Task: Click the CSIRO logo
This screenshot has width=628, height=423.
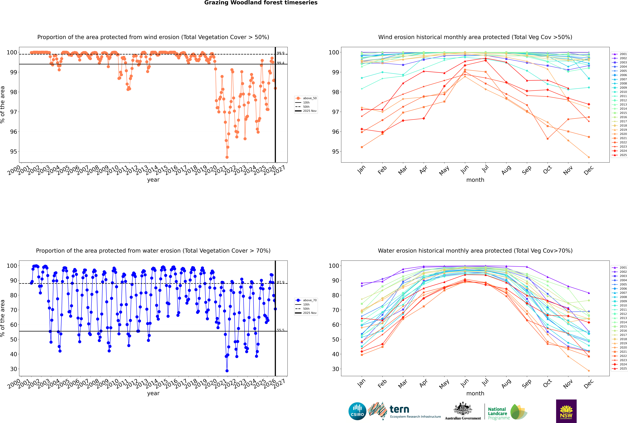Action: pos(357,411)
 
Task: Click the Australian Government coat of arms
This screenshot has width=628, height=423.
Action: pos(463,409)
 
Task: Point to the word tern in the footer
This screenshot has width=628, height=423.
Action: pos(399,410)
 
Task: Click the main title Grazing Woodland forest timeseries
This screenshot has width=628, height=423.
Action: pos(261,3)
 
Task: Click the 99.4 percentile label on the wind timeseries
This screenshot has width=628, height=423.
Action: pos(281,63)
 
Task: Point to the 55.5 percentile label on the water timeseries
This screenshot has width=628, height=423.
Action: pos(281,330)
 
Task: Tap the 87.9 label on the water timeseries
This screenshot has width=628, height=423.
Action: pos(281,282)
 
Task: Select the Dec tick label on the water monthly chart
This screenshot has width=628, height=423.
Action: pos(589,383)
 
